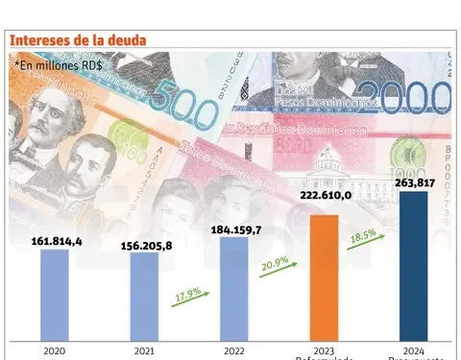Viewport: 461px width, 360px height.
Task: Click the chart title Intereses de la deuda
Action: [78, 39]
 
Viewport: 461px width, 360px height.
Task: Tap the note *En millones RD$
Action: [60, 64]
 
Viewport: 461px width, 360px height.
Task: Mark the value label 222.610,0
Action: [324, 197]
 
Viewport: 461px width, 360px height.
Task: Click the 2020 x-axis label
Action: [56, 351]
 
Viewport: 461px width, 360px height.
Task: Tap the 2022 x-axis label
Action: [233, 351]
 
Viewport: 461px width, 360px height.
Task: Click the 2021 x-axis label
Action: [144, 351]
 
